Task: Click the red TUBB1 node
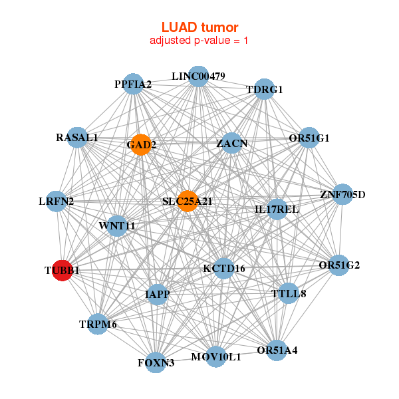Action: coord(62,271)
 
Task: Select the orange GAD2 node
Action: coord(140,144)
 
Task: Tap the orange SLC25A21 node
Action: coord(188,201)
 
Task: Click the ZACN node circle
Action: coord(231,143)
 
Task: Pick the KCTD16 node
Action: coord(224,268)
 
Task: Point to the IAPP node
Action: coord(158,294)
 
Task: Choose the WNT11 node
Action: coord(117,225)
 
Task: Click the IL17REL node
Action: coord(277,209)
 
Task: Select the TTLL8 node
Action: coord(288,293)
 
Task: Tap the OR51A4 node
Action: coord(277,350)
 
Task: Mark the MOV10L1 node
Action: coord(216,357)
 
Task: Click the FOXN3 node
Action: coord(156,362)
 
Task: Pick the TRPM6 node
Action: coord(98,324)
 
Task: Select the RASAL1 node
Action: coord(78,138)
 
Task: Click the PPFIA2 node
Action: coord(134,84)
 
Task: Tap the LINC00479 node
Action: coord(198,76)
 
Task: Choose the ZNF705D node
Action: coord(342,195)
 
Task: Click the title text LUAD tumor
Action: coord(199,27)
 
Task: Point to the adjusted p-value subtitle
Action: coord(199,41)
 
